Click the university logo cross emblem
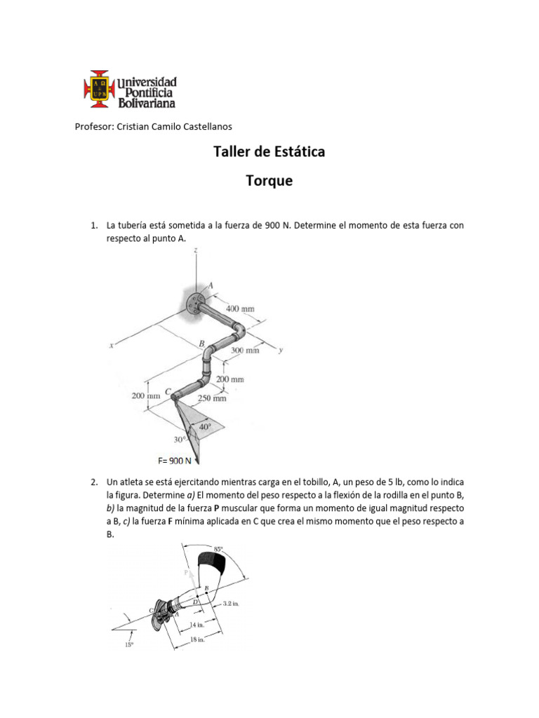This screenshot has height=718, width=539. click(x=99, y=90)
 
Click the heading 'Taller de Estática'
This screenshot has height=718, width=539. click(x=269, y=151)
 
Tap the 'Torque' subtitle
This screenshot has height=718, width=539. click(x=269, y=181)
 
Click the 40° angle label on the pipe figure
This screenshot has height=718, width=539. click(x=206, y=426)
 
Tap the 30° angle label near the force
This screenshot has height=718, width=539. click(x=180, y=440)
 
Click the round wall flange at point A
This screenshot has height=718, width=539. click(x=195, y=302)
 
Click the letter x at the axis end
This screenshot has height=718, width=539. click(x=112, y=345)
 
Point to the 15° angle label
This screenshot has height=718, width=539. click(x=128, y=646)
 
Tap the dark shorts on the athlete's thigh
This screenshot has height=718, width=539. click(x=212, y=561)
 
